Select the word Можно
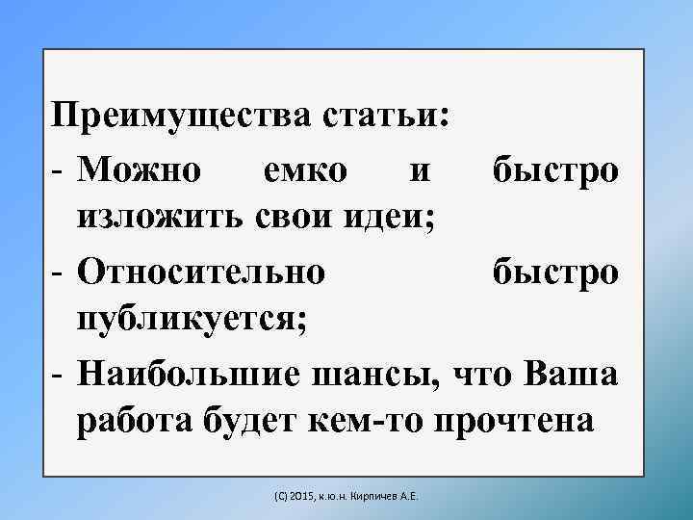(142, 170)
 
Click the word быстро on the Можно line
(554, 170)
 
